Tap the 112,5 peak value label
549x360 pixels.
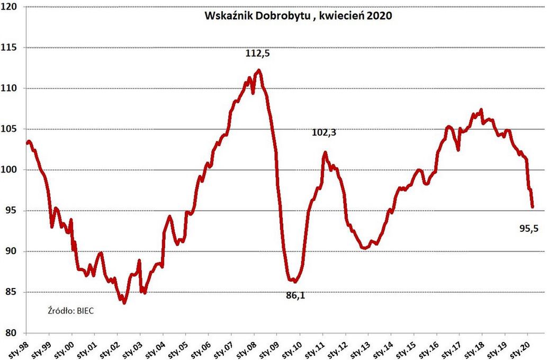coord(257,53)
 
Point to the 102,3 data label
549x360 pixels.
coord(324,133)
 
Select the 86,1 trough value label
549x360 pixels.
coord(295,295)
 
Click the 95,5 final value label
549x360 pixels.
coord(529,229)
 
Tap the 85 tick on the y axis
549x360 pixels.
coord(12,292)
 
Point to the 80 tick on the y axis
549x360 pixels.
coord(12,333)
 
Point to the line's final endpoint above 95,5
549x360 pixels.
coord(532,206)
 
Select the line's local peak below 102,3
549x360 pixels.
coord(325,153)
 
